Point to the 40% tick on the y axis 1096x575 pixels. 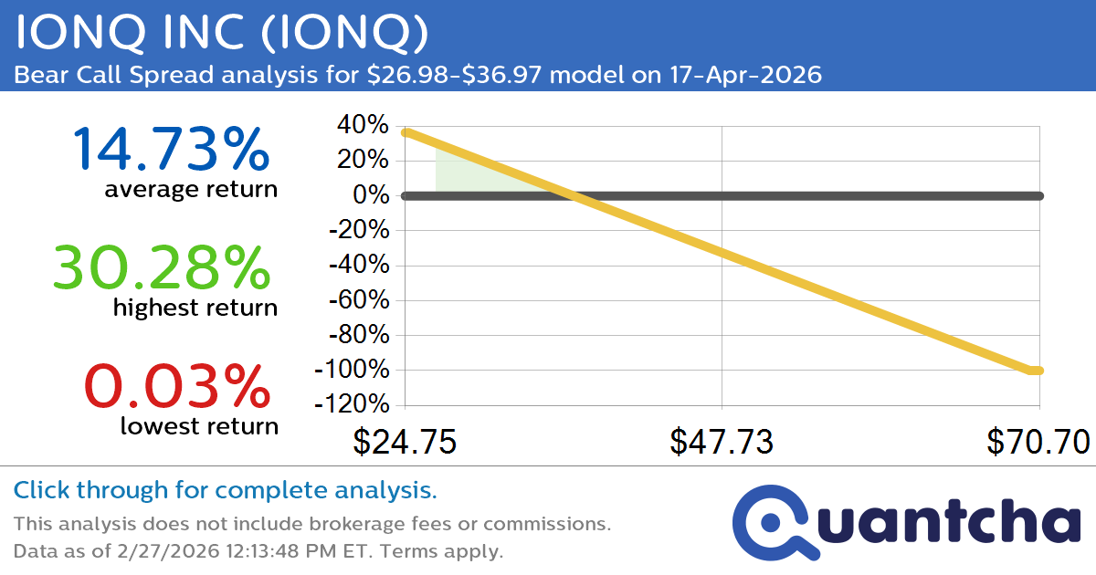364,125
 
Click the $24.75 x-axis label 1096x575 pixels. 405,442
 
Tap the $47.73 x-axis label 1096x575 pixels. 722,442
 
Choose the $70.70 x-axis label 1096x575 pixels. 1038,442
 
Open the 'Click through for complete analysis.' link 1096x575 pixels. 226,491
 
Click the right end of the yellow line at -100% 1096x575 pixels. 1038,370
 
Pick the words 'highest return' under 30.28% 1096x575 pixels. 195,308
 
